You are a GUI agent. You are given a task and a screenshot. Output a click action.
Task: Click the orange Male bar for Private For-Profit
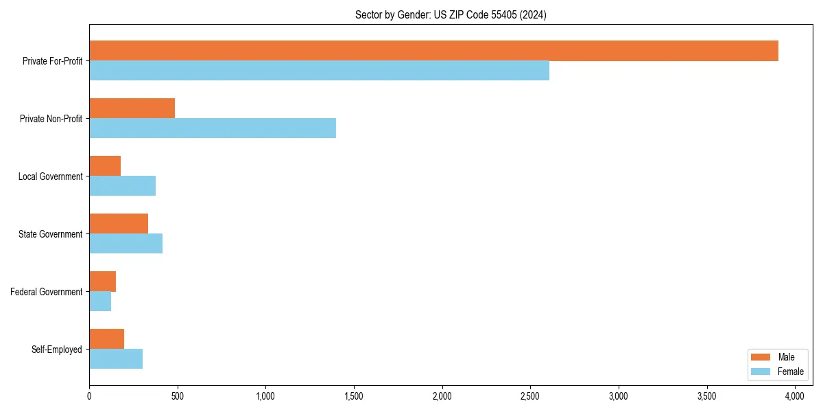pos(433,51)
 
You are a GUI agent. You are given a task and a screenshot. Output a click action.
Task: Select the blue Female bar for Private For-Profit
pos(319,71)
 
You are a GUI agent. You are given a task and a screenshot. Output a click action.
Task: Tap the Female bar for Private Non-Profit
pos(213,128)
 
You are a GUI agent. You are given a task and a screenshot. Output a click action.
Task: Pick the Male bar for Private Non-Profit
pos(132,108)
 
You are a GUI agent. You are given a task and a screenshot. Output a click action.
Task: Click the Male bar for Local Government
pos(105,166)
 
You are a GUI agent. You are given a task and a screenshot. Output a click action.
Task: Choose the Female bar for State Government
pos(126,244)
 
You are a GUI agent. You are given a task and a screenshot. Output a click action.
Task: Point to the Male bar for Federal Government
pos(102,282)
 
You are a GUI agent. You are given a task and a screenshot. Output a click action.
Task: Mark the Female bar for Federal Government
pos(100,301)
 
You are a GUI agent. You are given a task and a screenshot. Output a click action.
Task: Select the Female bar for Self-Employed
pos(116,359)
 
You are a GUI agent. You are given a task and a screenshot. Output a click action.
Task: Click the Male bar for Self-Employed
pos(106,339)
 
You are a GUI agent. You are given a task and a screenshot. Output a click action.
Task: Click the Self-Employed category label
pos(57,350)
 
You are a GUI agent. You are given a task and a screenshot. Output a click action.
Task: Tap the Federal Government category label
pos(47,292)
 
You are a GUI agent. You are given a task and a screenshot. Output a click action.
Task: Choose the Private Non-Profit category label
pos(51,119)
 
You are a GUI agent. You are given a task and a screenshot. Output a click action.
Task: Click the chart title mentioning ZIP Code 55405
pos(451,14)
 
